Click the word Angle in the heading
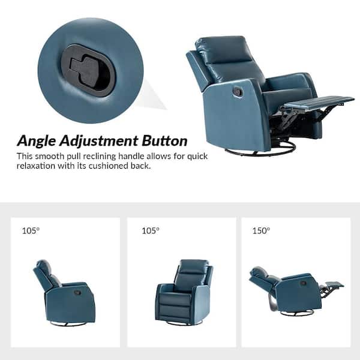pyautogui.click(x=36, y=141)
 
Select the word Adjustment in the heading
pyautogui.click(x=99, y=141)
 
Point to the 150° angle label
pyautogui.click(x=261, y=230)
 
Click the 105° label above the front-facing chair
pyautogui.click(x=151, y=230)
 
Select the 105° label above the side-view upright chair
pyautogui.click(x=31, y=230)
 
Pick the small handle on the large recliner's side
pyautogui.click(x=237, y=91)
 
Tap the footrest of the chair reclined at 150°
pyautogui.click(x=335, y=284)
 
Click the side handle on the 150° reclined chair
pyautogui.click(x=303, y=283)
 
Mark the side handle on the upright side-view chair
pyautogui.click(x=77, y=293)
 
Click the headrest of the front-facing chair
pyautogui.click(x=194, y=266)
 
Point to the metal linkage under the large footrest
pyautogui.click(x=298, y=117)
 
